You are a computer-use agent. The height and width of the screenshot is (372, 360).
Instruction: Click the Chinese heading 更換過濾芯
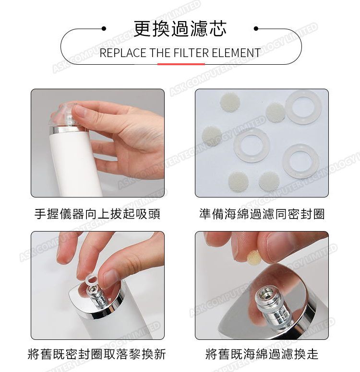coord(180,29)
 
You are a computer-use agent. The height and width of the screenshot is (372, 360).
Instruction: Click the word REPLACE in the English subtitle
coord(123,53)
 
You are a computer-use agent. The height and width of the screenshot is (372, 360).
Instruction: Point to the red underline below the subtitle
coord(181,64)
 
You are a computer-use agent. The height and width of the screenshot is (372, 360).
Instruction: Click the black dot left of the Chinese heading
coord(104,29)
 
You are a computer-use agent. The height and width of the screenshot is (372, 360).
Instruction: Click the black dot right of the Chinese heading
coord(256,29)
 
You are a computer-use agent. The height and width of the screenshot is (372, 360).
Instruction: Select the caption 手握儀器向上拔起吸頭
coord(97,214)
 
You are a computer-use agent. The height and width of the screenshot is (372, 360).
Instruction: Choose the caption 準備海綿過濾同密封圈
coord(262,214)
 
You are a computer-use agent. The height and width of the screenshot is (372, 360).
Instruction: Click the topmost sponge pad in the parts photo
coord(230,102)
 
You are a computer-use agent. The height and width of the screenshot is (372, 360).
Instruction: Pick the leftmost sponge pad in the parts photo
coord(212,136)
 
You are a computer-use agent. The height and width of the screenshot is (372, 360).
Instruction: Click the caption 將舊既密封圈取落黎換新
coord(96,354)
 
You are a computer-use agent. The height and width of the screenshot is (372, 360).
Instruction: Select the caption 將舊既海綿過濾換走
coord(262,354)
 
